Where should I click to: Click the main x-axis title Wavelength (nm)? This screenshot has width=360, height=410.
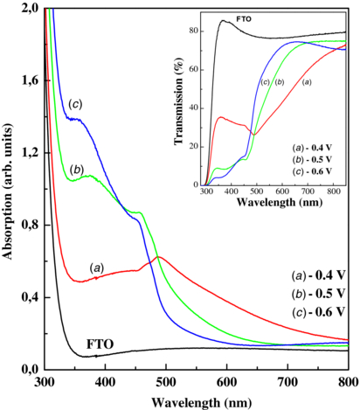(197, 401)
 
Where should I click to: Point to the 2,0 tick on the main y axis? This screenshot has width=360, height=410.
(29, 8)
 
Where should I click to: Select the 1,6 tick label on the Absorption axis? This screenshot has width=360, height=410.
(29, 80)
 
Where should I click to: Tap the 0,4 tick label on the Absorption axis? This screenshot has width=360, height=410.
(29, 297)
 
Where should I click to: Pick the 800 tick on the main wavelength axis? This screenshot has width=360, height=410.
(347, 382)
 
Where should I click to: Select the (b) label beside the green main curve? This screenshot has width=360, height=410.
(77, 169)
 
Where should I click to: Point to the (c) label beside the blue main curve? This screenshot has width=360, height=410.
(75, 105)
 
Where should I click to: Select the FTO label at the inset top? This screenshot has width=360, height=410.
(246, 18)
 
